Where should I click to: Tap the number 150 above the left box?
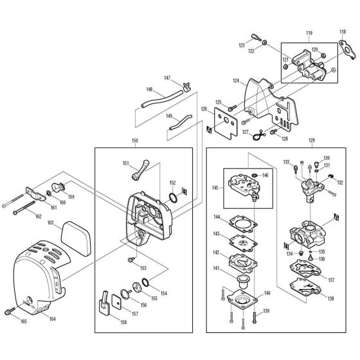(134, 140)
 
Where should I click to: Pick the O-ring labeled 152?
(174, 197)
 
